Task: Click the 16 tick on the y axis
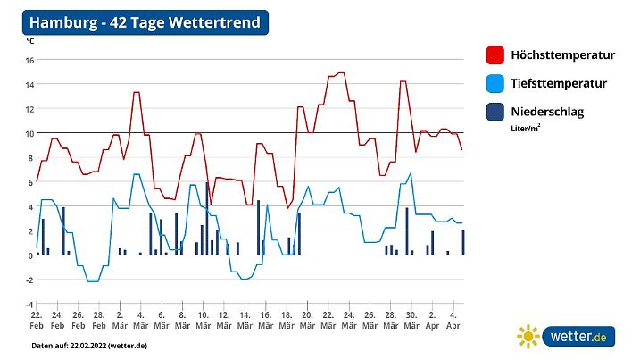[x=29, y=61]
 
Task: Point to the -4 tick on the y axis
[x=29, y=305]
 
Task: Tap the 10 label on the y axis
[x=29, y=134]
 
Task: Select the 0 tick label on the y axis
[x=30, y=255]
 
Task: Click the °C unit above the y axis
[x=30, y=41]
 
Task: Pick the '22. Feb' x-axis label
[x=37, y=321]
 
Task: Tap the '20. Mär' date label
[x=306, y=321]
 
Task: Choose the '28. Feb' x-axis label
[x=98, y=321]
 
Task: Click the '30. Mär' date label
[x=410, y=321]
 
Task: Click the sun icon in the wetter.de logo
[x=528, y=337]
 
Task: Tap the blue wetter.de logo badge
[x=579, y=337]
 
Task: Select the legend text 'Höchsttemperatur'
[x=562, y=55]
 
